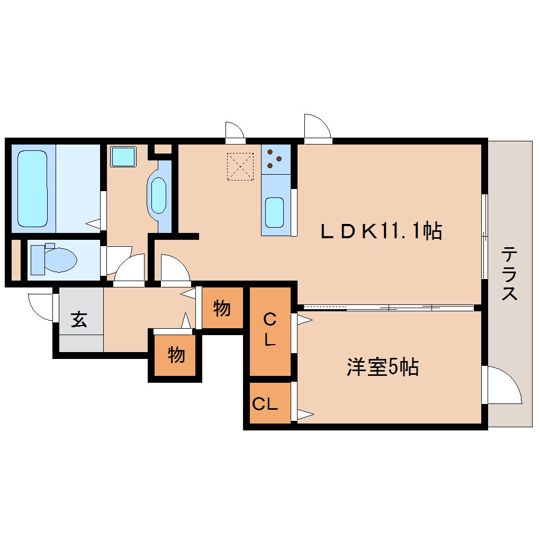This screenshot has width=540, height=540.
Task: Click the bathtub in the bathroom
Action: coord(32,188)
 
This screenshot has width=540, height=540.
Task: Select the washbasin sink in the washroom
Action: coord(158,195)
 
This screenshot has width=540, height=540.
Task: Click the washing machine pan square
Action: coord(123,157)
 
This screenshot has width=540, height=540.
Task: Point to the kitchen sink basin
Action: coord(274,212)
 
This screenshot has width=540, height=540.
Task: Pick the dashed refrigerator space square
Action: coord(240,167)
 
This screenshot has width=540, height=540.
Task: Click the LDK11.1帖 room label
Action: coord(381,231)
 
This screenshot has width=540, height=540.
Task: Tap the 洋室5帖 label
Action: coord(383,367)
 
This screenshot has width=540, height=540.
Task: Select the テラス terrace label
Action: coord(509,274)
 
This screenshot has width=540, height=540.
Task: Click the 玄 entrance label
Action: coord(79,319)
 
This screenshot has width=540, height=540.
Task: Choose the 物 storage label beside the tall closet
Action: coord(222,308)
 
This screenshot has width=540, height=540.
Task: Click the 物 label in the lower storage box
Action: coord(176,354)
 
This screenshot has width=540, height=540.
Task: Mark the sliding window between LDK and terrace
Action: coord(484,236)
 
